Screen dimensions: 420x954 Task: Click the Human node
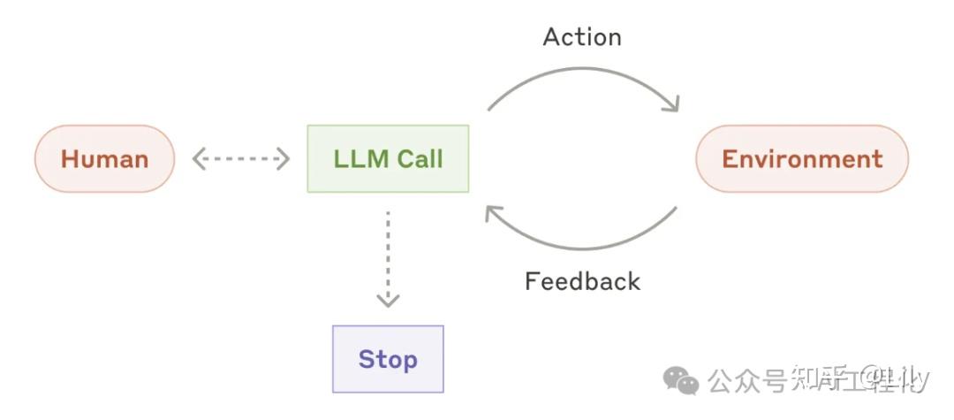(x=104, y=159)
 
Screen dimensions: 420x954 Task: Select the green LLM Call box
(x=388, y=159)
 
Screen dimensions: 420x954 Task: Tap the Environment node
(x=801, y=159)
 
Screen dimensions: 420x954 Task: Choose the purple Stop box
(x=388, y=359)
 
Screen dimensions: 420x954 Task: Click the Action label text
(x=582, y=37)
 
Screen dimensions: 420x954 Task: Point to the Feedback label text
(x=582, y=281)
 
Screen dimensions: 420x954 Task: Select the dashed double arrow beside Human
(x=241, y=159)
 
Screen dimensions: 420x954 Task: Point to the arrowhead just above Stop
(x=388, y=301)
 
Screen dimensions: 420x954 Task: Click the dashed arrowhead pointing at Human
(x=198, y=159)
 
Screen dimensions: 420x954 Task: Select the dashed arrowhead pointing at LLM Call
(x=284, y=159)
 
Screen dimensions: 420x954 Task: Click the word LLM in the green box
(x=360, y=159)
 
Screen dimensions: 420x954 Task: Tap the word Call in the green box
(x=419, y=159)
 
